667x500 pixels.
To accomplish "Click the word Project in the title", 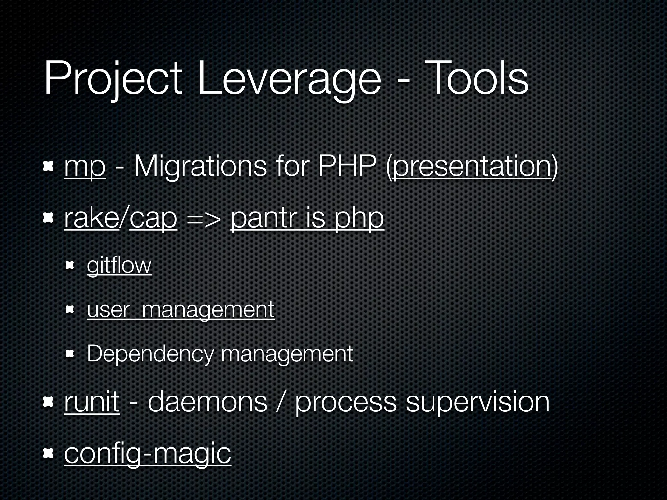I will (113, 80).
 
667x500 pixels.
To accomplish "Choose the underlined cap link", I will (153, 219).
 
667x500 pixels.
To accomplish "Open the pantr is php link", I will (307, 219).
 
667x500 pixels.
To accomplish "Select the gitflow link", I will (119, 266).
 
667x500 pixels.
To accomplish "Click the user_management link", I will (180, 310).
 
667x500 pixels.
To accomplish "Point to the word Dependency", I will (150, 354).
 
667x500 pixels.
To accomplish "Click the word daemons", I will (207, 402).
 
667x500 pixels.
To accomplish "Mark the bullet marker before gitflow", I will (70, 266).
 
